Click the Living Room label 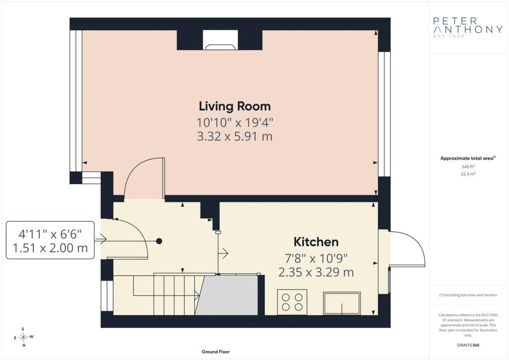click(235, 106)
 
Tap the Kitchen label click(316, 242)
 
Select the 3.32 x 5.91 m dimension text click(235, 136)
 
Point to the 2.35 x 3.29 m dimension click(316, 271)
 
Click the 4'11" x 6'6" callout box click(50, 240)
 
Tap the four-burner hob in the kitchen click(292, 302)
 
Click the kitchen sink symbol click(342, 303)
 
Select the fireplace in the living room click(220, 40)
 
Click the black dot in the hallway click(159, 241)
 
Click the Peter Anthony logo click(468, 27)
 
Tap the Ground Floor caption click(216, 352)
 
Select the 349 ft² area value click(468, 167)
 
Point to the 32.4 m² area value click(468, 174)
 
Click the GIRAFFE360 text click(468, 345)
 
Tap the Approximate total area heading click(468, 158)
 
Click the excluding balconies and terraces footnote click(468, 295)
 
